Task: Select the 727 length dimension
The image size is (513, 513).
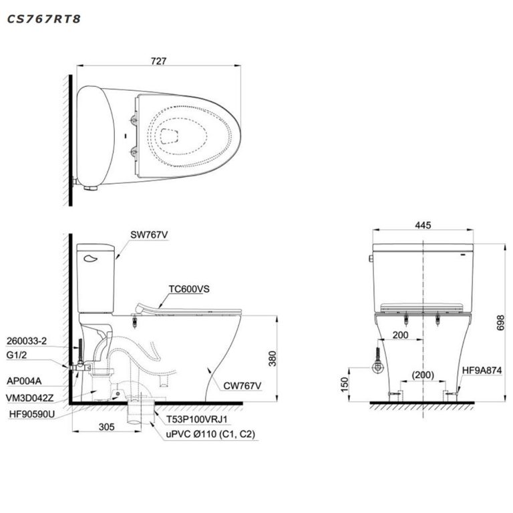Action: (158, 61)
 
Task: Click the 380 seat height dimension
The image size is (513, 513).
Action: (271, 359)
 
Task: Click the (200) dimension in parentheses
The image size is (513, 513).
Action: (422, 375)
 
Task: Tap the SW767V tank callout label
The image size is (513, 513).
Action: (150, 234)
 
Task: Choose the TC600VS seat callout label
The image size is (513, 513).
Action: (189, 289)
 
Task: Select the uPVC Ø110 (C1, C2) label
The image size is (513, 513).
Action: (210, 434)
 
